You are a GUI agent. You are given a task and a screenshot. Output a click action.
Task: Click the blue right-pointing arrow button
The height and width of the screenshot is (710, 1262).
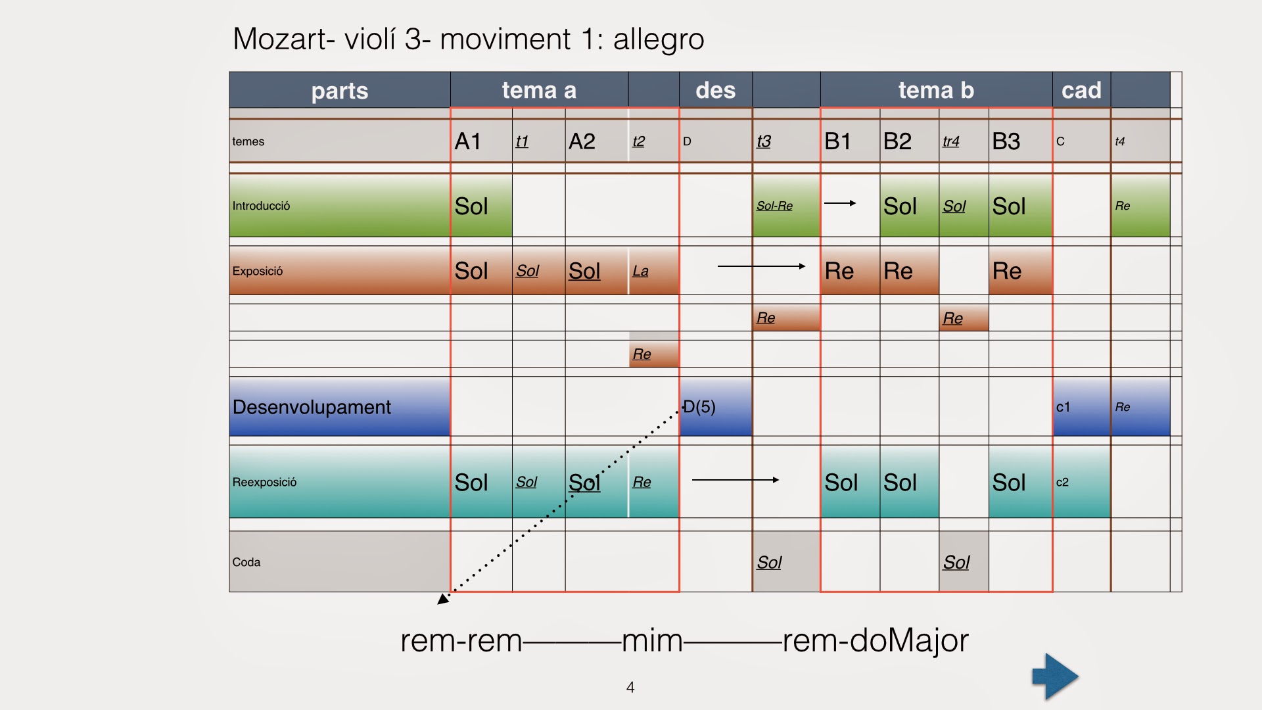tap(1055, 676)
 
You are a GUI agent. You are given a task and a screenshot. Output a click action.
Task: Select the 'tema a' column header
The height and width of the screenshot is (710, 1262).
tap(539, 90)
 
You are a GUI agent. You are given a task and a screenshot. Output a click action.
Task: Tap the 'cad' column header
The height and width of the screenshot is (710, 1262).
tap(1081, 90)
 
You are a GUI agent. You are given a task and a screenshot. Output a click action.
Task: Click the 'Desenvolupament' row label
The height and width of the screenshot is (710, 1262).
tap(312, 407)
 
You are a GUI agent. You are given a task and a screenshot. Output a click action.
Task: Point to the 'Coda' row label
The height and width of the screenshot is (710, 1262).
tap(246, 562)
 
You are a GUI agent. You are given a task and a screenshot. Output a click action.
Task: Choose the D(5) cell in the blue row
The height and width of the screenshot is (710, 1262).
tap(700, 407)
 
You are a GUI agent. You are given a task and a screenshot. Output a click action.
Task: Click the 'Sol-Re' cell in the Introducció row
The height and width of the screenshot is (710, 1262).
tap(774, 206)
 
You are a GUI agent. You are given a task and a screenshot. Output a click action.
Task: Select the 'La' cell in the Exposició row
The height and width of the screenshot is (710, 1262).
tap(641, 271)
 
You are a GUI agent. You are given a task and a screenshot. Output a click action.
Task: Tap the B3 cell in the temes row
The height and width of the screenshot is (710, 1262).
tap(1006, 141)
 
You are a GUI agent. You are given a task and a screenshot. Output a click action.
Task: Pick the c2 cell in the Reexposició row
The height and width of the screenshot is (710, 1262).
tap(1062, 482)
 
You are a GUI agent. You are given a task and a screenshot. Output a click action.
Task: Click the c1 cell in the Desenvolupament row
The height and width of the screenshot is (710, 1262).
tap(1063, 407)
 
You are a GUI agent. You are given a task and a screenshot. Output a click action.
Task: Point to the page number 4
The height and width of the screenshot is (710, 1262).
tap(630, 687)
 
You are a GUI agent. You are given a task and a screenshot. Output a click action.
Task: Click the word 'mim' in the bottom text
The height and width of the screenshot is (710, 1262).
tap(652, 640)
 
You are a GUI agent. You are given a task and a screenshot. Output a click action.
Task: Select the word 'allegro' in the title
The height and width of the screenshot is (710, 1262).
tap(659, 39)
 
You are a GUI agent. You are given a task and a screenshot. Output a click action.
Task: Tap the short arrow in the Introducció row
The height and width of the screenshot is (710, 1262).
tap(840, 203)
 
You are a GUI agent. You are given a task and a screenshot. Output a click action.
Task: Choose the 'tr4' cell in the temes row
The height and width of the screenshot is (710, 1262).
tap(951, 141)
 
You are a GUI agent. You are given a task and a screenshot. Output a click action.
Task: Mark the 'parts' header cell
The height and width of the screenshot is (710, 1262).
tap(340, 91)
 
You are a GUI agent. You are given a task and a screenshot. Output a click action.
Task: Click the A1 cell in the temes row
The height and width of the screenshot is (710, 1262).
tap(468, 141)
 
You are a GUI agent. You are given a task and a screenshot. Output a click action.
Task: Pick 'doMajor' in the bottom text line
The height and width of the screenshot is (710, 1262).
tap(910, 640)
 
